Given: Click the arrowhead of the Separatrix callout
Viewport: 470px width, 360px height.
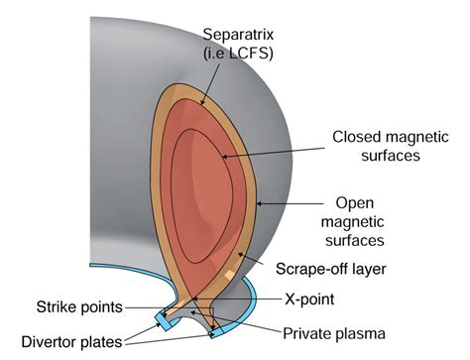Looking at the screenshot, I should pyautogui.click(x=204, y=100).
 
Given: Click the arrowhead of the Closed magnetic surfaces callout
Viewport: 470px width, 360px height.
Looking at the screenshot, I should pyautogui.click(x=224, y=157).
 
